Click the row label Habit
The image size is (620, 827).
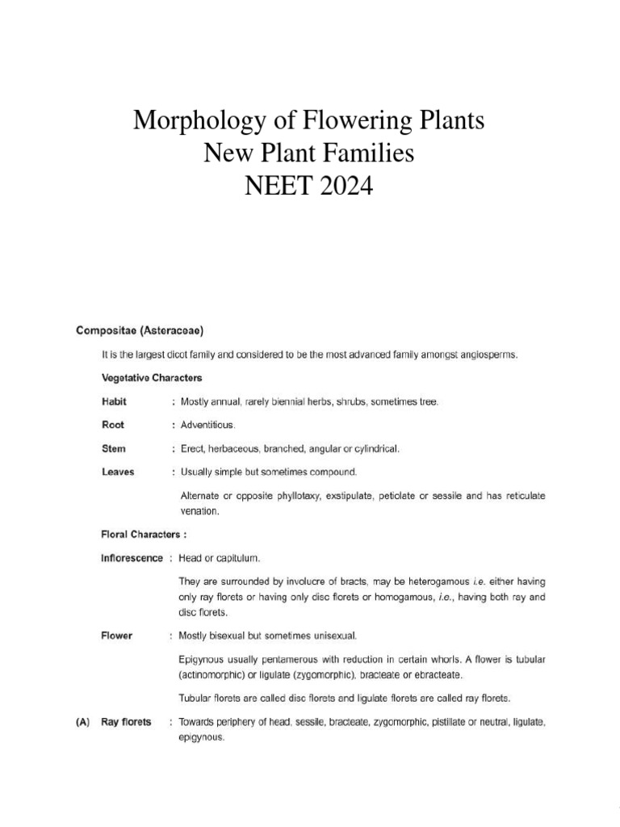[x=114, y=401]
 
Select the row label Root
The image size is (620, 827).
[x=112, y=425]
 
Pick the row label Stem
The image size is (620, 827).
[x=114, y=448]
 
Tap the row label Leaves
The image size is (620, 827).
[x=118, y=472]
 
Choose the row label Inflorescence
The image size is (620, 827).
[x=132, y=558]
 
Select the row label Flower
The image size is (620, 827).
[x=117, y=636]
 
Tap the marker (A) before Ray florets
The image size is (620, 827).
[x=77, y=722]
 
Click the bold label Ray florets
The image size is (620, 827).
[x=126, y=722]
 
